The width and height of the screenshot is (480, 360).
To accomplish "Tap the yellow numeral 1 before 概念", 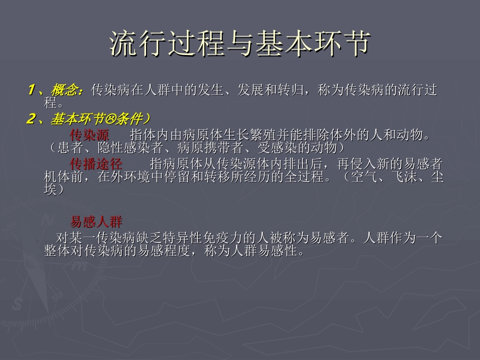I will pos(32,90).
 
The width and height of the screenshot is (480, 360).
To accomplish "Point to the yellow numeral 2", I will pos(32,119).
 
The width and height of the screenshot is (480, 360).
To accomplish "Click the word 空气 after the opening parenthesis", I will pos(360,177).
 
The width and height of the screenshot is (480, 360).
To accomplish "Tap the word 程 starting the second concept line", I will pos(50,104).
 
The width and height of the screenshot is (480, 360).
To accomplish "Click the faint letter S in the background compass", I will pos(19,303).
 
